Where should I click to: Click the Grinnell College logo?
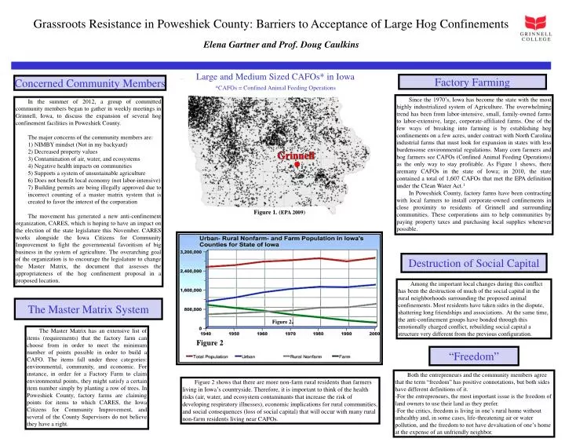[538, 36]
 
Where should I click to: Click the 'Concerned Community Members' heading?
[85, 84]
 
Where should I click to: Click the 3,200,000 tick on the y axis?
[196, 253]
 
